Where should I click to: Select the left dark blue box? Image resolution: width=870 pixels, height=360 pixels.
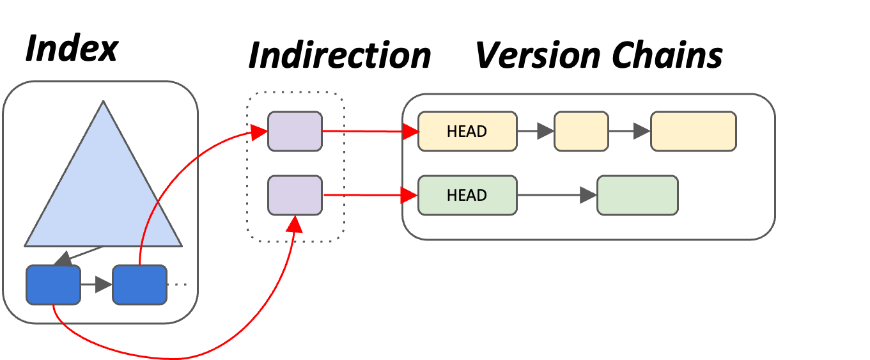(x=53, y=285)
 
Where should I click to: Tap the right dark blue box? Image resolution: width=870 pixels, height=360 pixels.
(x=139, y=285)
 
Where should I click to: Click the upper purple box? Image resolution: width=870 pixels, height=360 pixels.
(x=295, y=131)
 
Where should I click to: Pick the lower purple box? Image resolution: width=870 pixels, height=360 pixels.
(x=295, y=195)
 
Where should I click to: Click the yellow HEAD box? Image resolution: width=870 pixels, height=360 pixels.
(x=467, y=131)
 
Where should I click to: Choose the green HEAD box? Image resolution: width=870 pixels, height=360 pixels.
(x=467, y=195)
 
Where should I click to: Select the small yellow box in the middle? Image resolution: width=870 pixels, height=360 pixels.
(x=581, y=131)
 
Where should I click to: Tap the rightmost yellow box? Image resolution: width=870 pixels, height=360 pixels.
(x=694, y=131)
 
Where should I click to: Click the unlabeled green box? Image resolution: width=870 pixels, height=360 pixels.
(x=637, y=195)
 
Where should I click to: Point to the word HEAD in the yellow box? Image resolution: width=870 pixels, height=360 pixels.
(x=467, y=131)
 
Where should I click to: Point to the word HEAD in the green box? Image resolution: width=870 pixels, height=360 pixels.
(x=467, y=195)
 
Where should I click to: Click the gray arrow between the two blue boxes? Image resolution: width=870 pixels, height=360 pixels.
(x=97, y=285)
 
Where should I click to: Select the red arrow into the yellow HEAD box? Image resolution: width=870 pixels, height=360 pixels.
(x=371, y=131)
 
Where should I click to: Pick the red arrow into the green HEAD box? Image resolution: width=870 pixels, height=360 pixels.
(x=371, y=195)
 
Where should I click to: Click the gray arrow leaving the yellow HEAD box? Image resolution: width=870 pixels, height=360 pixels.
(x=536, y=131)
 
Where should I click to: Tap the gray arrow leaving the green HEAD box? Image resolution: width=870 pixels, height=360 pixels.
(x=557, y=195)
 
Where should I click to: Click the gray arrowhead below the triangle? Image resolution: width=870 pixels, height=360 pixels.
(x=63, y=259)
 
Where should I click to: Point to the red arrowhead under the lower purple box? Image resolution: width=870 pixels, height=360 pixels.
(x=295, y=223)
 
